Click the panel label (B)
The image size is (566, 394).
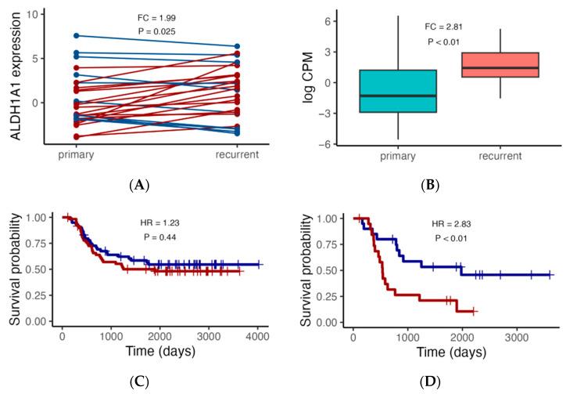click(429, 185)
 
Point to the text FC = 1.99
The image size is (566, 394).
click(157, 17)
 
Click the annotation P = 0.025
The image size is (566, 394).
click(157, 31)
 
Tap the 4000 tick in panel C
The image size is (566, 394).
click(257, 336)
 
